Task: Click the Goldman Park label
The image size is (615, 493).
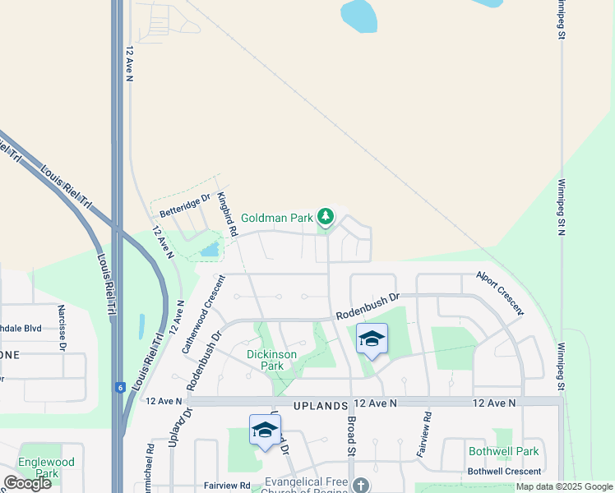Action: click(276, 219)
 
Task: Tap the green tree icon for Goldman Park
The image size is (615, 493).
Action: click(326, 216)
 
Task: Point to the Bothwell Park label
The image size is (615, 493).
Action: click(503, 451)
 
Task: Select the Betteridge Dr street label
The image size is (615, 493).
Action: click(185, 205)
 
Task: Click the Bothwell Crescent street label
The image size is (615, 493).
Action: click(504, 471)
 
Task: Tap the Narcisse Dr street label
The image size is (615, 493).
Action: click(62, 328)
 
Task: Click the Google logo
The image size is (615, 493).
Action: click(28, 483)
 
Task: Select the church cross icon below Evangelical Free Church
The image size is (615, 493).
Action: click(360, 486)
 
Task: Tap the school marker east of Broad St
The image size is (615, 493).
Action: click(372, 339)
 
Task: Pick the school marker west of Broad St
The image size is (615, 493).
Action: click(265, 430)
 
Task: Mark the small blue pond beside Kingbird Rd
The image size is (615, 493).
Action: click(210, 247)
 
